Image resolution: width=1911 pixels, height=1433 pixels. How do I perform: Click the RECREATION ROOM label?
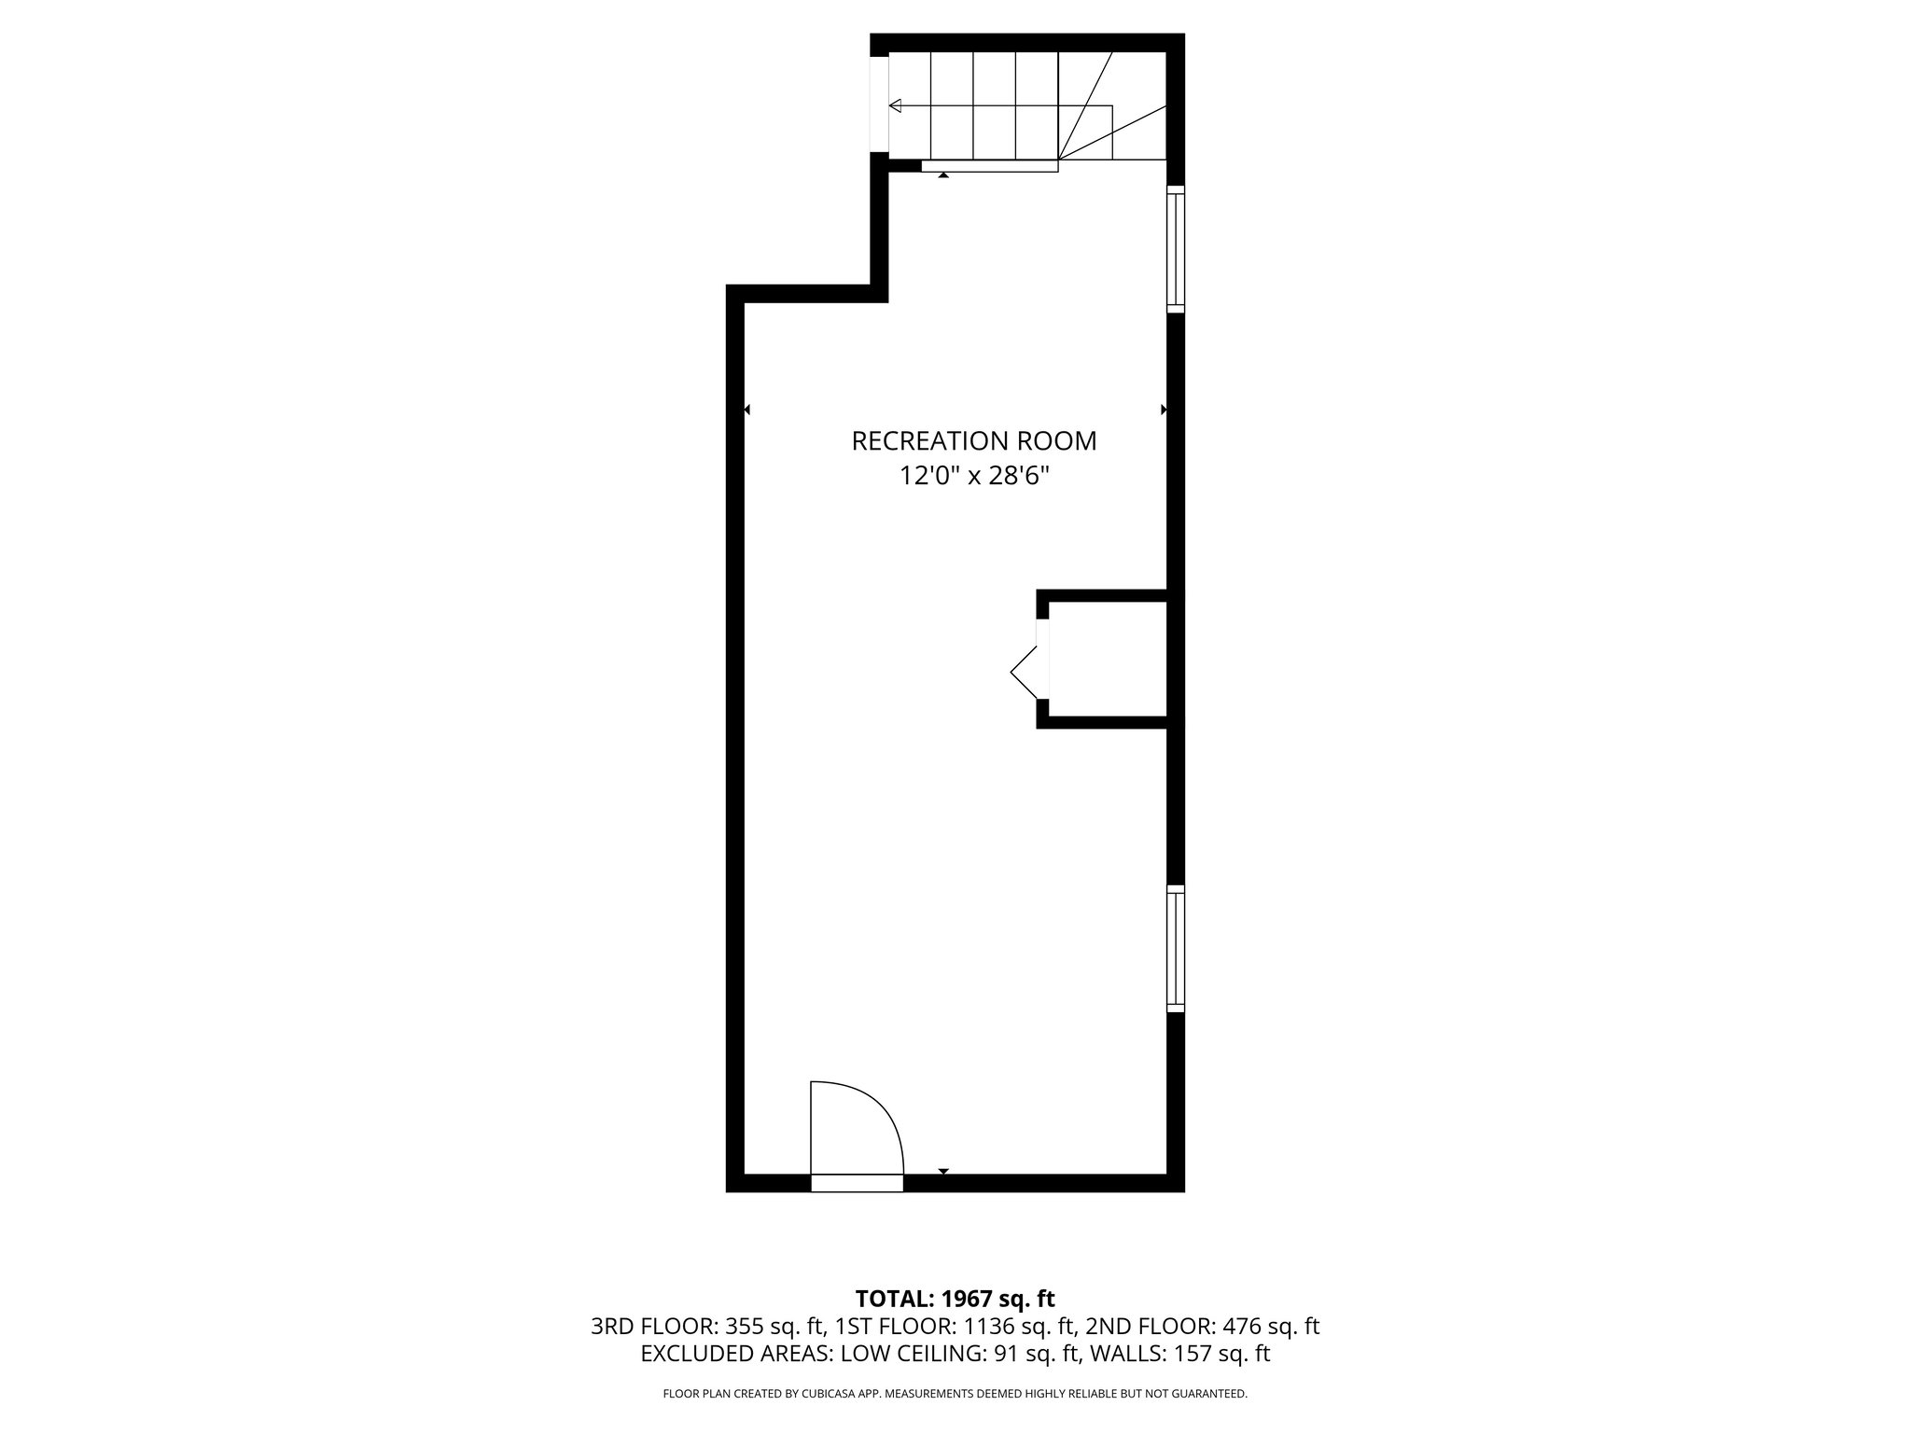pyautogui.click(x=973, y=441)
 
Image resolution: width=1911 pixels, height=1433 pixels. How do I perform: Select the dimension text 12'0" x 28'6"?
pyautogui.click(x=973, y=477)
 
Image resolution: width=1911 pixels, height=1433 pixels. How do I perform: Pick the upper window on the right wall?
pyautogui.click(x=1176, y=249)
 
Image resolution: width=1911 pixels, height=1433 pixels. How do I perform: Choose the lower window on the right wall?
pyautogui.click(x=1176, y=949)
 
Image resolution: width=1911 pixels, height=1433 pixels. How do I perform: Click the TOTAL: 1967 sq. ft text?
pyautogui.click(x=955, y=1299)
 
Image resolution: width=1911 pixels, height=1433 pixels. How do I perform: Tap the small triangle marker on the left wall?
pyautogui.click(x=746, y=410)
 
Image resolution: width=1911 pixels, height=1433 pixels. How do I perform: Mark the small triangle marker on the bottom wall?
pyautogui.click(x=943, y=1171)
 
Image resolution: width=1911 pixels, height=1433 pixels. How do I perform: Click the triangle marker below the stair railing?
pyautogui.click(x=943, y=175)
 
